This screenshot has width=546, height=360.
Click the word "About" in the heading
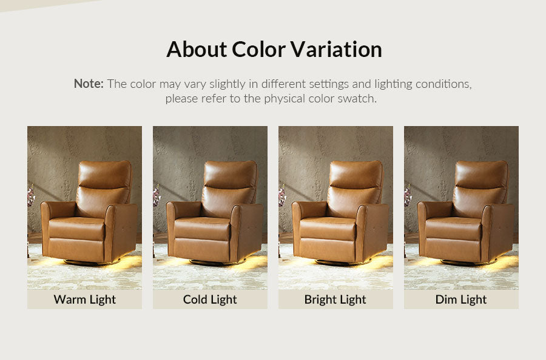click(197, 49)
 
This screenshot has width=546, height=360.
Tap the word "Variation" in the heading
click(336, 49)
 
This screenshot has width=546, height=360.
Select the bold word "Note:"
click(89, 84)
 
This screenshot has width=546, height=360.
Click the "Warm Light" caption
click(84, 299)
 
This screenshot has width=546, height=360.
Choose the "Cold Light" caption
click(210, 299)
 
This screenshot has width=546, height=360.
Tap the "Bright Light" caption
click(335, 299)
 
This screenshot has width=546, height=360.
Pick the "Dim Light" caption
click(461, 299)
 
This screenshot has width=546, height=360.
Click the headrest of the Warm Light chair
click(104, 175)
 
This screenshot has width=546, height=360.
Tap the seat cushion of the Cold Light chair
click(202, 228)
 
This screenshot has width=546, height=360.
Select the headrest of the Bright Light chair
click(356, 175)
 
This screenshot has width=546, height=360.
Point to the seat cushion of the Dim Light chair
click(453, 228)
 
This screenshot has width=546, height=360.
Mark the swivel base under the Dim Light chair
click(468, 262)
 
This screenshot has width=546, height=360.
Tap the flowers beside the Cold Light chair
click(157, 196)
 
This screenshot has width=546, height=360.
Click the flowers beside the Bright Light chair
click(282, 196)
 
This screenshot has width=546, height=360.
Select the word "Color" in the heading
click(258, 49)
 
